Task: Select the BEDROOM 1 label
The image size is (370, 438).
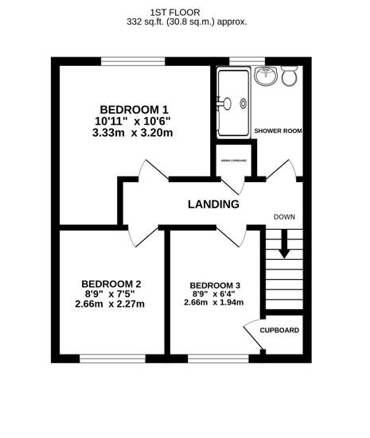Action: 134,109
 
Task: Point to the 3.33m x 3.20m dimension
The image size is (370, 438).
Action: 134,133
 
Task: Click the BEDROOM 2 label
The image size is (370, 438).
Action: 111,284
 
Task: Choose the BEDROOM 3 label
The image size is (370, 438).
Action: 215,285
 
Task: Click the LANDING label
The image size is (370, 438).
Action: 213,204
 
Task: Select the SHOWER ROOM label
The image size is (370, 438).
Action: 278,130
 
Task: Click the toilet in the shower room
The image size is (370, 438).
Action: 290,77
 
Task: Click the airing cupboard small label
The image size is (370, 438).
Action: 233,161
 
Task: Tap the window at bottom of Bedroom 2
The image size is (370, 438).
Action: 111,356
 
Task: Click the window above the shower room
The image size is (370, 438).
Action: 247,61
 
